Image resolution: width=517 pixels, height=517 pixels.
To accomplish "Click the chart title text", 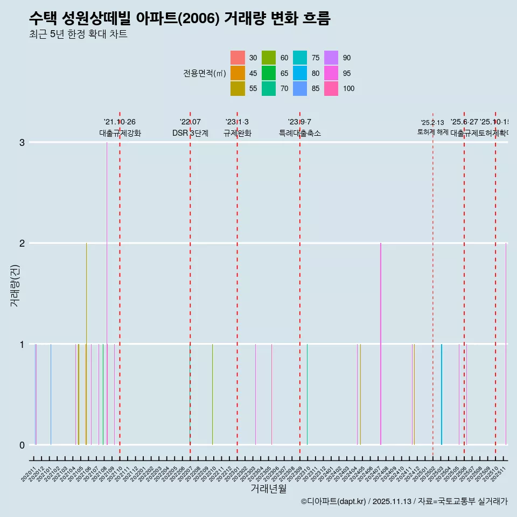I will pyautogui.click(x=179, y=18).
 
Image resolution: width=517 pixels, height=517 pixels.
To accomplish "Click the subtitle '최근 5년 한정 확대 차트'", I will pyautogui.click(x=78, y=34).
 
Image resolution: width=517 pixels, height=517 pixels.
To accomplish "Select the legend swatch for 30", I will pyautogui.click(x=237, y=58).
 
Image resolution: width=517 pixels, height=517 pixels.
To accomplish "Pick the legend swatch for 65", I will pyautogui.click(x=269, y=73).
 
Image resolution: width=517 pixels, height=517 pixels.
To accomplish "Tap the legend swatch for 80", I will pyautogui.click(x=300, y=73).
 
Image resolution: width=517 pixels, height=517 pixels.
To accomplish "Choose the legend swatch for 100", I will pyautogui.click(x=331, y=88).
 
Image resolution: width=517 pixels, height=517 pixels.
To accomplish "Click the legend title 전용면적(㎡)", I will pyautogui.click(x=205, y=74).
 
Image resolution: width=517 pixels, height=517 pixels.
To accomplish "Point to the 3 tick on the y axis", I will pyautogui.click(x=22, y=142).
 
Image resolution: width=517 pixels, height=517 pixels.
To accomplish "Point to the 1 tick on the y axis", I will pyautogui.click(x=22, y=344).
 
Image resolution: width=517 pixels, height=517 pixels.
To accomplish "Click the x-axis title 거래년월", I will pyautogui.click(x=268, y=488).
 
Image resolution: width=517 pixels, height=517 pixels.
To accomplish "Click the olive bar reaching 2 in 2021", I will pyautogui.click(x=86, y=345).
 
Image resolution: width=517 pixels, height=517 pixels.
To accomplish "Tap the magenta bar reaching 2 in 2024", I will pyautogui.click(x=381, y=345).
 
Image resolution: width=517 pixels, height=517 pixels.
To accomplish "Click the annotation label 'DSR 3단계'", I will pyautogui.click(x=190, y=133).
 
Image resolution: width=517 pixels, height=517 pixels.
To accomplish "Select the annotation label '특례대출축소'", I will pyautogui.click(x=299, y=133).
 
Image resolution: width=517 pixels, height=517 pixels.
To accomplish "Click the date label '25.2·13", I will pyautogui.click(x=432, y=123).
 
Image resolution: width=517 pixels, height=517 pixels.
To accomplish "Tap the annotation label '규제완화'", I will pyautogui.click(x=237, y=133).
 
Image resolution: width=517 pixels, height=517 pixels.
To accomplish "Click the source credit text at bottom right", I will pyautogui.click(x=404, y=501).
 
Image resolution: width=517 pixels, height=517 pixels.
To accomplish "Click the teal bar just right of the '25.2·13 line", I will pyautogui.click(x=442, y=395).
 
